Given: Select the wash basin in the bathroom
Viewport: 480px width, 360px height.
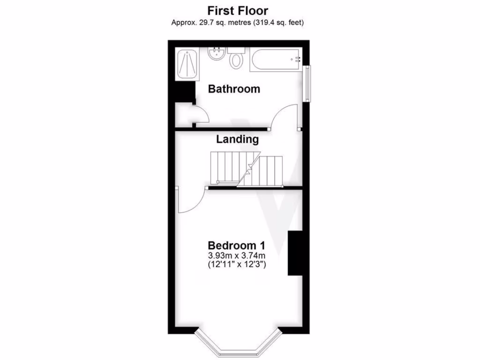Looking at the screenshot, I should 217,54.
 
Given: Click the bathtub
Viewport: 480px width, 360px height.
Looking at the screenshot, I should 276,60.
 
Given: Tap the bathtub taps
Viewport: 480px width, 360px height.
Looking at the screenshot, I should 297,60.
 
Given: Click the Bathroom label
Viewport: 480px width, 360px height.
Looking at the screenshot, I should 234,89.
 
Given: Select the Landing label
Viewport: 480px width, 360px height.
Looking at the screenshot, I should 237,139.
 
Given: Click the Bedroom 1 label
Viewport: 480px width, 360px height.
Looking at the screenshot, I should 237,245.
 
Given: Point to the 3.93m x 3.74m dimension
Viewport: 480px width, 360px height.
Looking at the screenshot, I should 237,255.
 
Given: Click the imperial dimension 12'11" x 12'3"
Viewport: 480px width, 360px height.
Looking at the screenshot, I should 237,265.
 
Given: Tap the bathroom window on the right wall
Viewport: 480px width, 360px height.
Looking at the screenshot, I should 307,83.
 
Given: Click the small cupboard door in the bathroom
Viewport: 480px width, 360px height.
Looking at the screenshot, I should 197,115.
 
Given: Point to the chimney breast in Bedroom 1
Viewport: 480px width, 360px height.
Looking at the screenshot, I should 294,253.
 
